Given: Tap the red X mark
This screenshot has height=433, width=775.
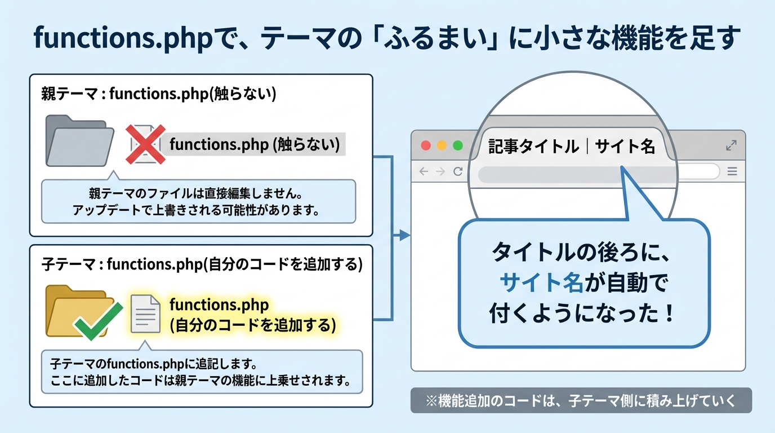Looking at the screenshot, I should [x=145, y=144].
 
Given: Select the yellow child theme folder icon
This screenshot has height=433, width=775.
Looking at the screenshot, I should [x=76, y=312].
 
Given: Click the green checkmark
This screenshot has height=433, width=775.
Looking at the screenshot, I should [x=99, y=321].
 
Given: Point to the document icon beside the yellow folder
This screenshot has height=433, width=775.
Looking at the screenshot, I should [x=145, y=314].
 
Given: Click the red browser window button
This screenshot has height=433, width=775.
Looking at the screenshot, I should [x=426, y=145].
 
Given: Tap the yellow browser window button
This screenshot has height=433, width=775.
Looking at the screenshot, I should [x=442, y=145].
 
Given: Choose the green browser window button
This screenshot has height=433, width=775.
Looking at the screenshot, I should [x=457, y=145].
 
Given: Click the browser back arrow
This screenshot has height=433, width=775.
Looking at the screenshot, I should [x=424, y=171].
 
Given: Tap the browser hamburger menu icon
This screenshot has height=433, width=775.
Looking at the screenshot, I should [x=732, y=171].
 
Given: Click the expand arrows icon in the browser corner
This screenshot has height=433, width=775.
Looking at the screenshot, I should [x=731, y=145].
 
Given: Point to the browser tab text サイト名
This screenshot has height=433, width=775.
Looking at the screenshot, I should [x=625, y=147].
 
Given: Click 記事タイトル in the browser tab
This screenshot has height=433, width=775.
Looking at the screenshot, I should [x=533, y=147].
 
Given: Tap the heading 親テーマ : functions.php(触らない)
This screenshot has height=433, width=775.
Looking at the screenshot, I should [x=159, y=94].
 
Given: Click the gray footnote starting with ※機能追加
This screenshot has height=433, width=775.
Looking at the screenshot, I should [x=581, y=400].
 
